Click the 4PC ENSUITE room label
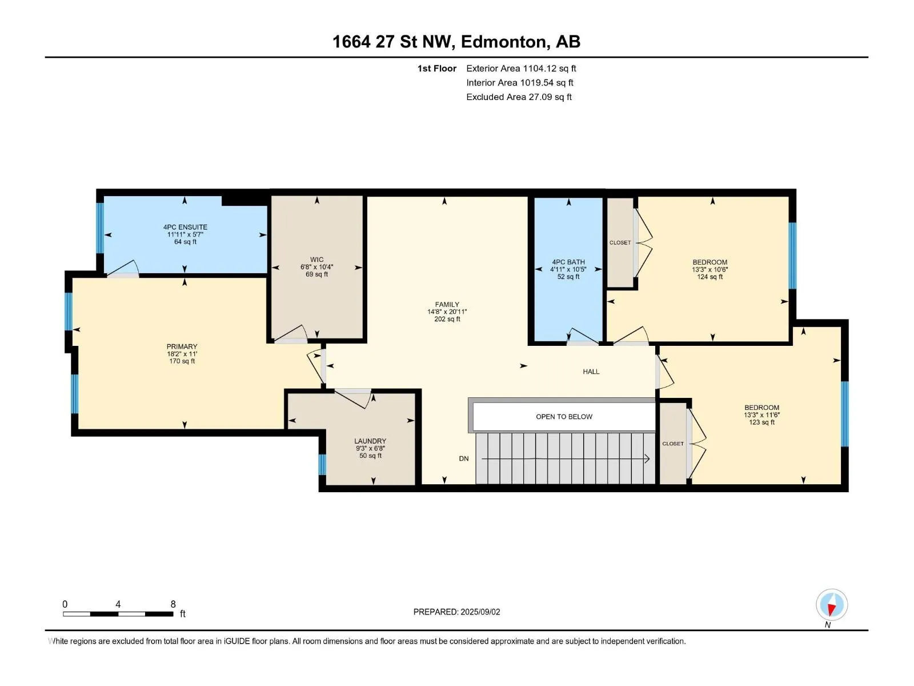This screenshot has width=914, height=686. [185, 227]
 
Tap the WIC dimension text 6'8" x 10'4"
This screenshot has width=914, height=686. [317, 267]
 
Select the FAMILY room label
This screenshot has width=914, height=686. [447, 305]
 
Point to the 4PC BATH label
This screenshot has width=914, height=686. [568, 262]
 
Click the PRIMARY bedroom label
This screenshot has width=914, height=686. [182, 346]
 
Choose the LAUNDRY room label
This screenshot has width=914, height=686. [370, 441]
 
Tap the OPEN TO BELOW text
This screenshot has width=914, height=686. [564, 417]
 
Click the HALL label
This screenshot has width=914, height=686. [591, 372]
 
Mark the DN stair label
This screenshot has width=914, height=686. [464, 458]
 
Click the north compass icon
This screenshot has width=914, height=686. [832, 605]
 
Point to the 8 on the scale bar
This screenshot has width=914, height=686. [173, 604]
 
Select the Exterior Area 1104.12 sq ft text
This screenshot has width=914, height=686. [522, 68]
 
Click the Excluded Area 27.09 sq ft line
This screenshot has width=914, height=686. [519, 97]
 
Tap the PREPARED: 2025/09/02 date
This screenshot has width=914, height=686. [457, 612]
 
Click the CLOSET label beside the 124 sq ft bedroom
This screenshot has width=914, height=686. [620, 243]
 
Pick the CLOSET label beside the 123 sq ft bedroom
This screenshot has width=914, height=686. [673, 444]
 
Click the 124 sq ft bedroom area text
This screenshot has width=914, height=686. [710, 277]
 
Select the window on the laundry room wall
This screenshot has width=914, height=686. [322, 464]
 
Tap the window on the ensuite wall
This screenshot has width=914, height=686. [100, 228]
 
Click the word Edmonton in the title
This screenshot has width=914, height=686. [503, 42]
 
